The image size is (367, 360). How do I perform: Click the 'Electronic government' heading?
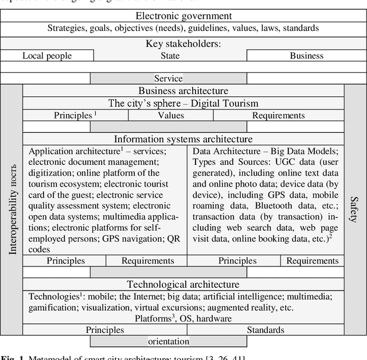point(183,16)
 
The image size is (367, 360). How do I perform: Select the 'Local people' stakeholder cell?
point(47,56)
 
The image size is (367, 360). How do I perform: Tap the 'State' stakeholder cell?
point(170,56)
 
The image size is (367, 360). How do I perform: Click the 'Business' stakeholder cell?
point(306,56)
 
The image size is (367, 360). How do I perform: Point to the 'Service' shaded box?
point(168,79)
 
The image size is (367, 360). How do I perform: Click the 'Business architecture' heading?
point(183,91)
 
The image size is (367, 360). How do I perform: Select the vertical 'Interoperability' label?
point(12,210)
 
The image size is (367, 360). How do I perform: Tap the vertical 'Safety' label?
point(354,210)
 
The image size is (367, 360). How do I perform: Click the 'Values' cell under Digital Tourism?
point(170,115)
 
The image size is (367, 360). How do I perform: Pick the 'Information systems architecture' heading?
point(183,139)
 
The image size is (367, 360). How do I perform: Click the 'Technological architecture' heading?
point(183,284)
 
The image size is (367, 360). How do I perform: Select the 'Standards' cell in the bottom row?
point(265,330)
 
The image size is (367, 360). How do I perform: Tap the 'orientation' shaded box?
point(168,341)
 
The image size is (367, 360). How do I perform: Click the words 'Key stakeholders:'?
point(183,44)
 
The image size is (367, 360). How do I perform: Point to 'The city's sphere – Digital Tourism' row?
point(183,103)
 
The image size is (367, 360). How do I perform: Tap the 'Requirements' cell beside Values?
point(278,115)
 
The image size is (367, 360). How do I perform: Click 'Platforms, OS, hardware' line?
point(183,318)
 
